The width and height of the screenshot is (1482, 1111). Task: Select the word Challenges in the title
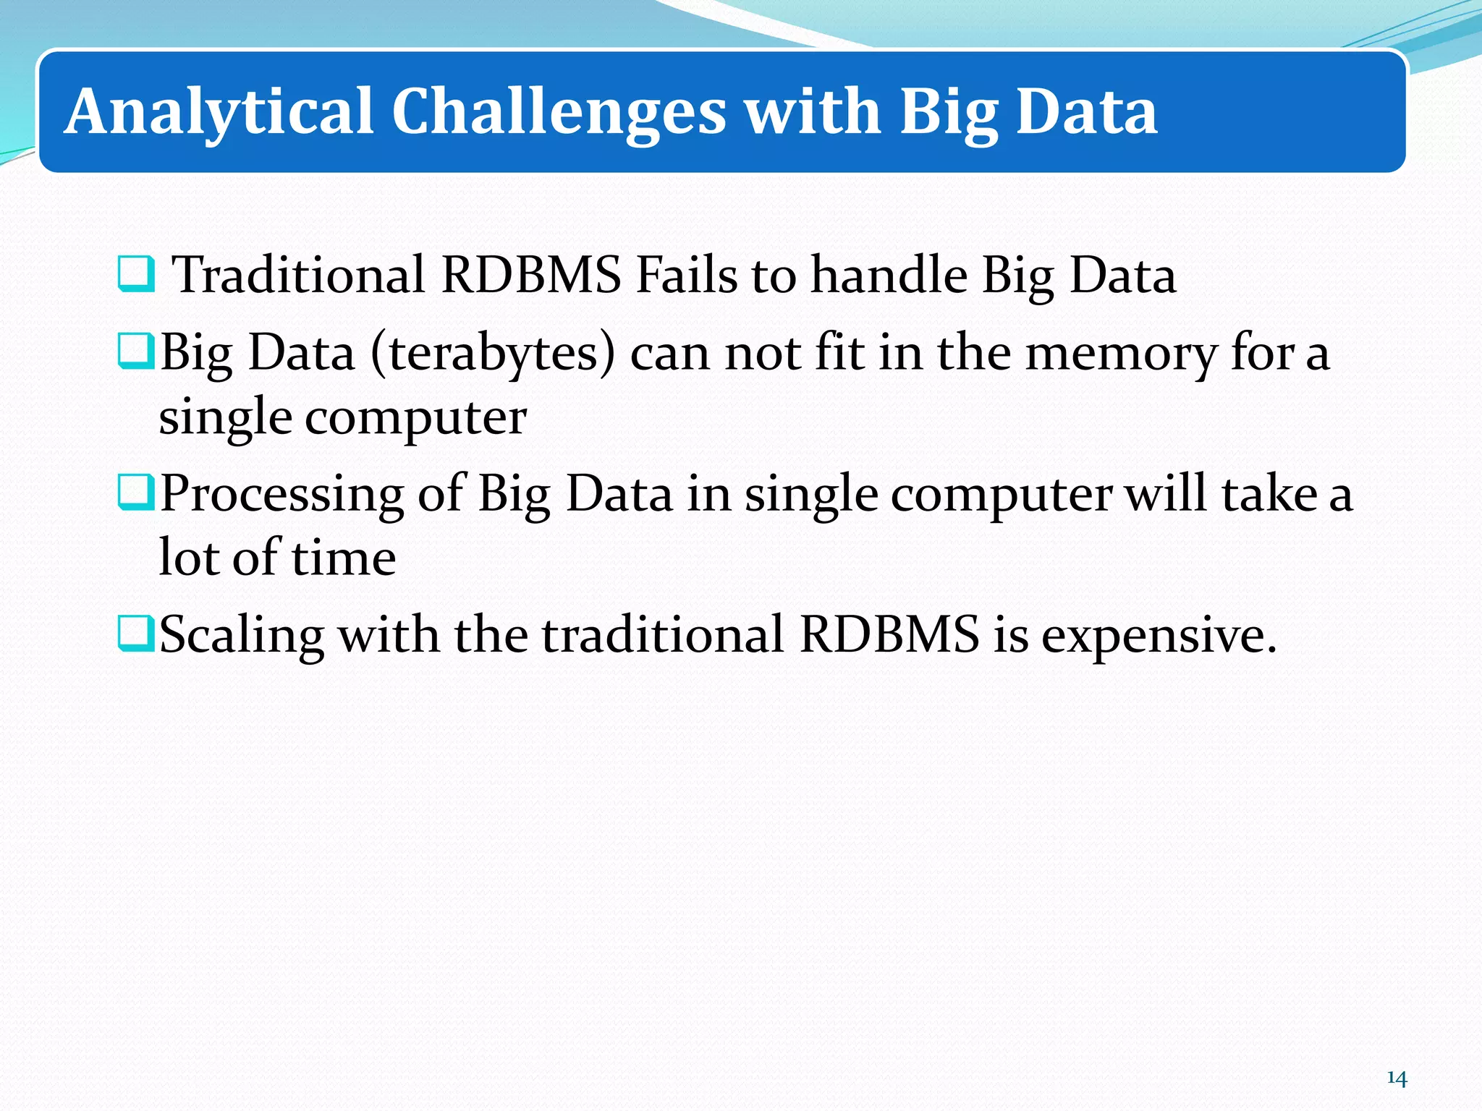click(559, 112)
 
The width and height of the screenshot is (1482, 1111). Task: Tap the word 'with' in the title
click(813, 112)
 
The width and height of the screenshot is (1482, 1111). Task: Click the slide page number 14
click(1397, 1078)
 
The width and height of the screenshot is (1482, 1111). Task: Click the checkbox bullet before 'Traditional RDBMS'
click(135, 275)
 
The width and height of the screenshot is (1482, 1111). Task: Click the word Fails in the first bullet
click(686, 275)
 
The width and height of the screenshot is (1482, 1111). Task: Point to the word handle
click(889, 275)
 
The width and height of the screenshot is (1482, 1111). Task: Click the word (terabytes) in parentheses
click(493, 353)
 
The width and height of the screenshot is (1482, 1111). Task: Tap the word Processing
click(281, 495)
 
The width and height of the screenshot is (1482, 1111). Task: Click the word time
click(344, 558)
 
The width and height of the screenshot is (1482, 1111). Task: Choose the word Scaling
click(241, 635)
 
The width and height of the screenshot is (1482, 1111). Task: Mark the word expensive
click(1158, 635)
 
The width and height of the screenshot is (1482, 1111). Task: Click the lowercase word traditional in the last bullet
click(662, 635)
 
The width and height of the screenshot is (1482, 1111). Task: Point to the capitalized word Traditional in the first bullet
click(299, 275)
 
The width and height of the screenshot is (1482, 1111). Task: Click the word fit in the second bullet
click(839, 353)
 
